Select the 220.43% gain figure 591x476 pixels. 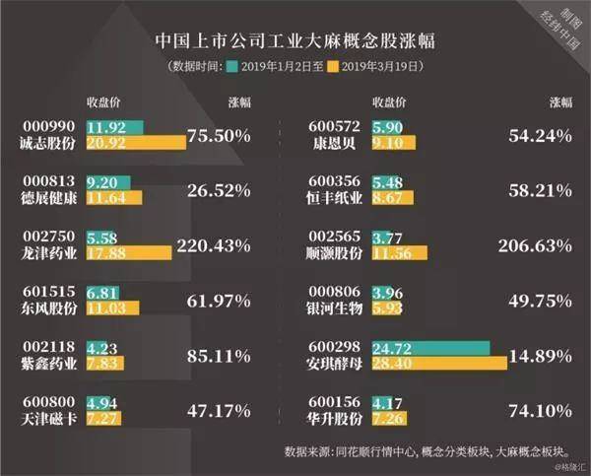216,243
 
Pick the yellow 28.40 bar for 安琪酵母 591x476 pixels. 439,364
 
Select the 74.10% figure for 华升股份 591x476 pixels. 539,410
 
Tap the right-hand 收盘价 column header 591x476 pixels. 390,102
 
